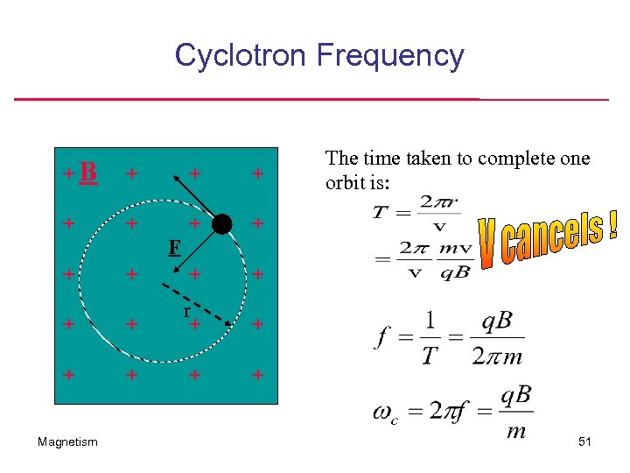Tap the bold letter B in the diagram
tap(87, 173)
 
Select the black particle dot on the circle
tap(222, 224)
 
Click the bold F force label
tap(174, 249)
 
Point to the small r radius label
tap(186, 311)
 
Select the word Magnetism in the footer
tap(68, 442)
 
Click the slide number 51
tap(584, 442)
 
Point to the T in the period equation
tap(381, 212)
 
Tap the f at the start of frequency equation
tap(382, 337)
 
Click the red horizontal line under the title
tap(311, 99)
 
